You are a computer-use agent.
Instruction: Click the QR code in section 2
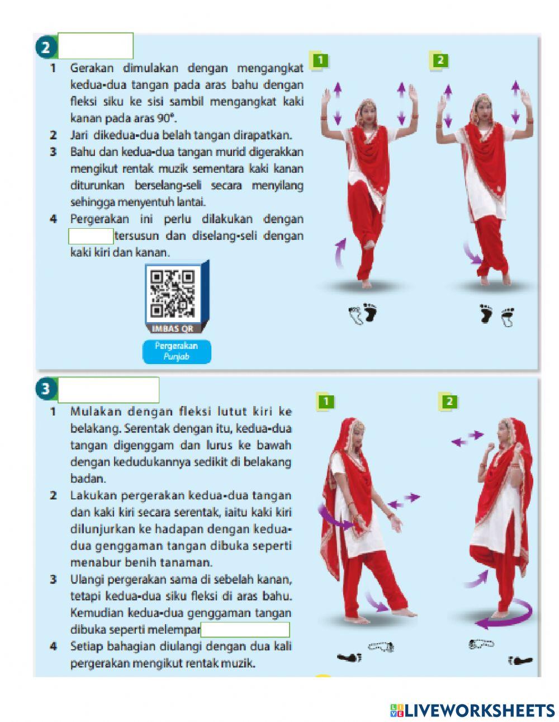[173, 293]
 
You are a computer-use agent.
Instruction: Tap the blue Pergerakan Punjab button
[177, 351]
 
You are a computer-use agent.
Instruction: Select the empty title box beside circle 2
[96, 46]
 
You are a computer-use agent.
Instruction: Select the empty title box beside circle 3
[108, 389]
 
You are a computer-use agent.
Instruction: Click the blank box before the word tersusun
[91, 236]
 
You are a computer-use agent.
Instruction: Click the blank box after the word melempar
[245, 630]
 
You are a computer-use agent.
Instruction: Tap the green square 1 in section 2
[319, 60]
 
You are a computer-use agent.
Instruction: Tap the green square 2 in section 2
[440, 60]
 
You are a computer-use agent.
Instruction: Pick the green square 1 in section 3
[325, 400]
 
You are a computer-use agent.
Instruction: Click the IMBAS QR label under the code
[173, 329]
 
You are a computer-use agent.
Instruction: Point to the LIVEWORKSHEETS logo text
[479, 710]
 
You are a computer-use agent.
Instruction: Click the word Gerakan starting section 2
[92, 68]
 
